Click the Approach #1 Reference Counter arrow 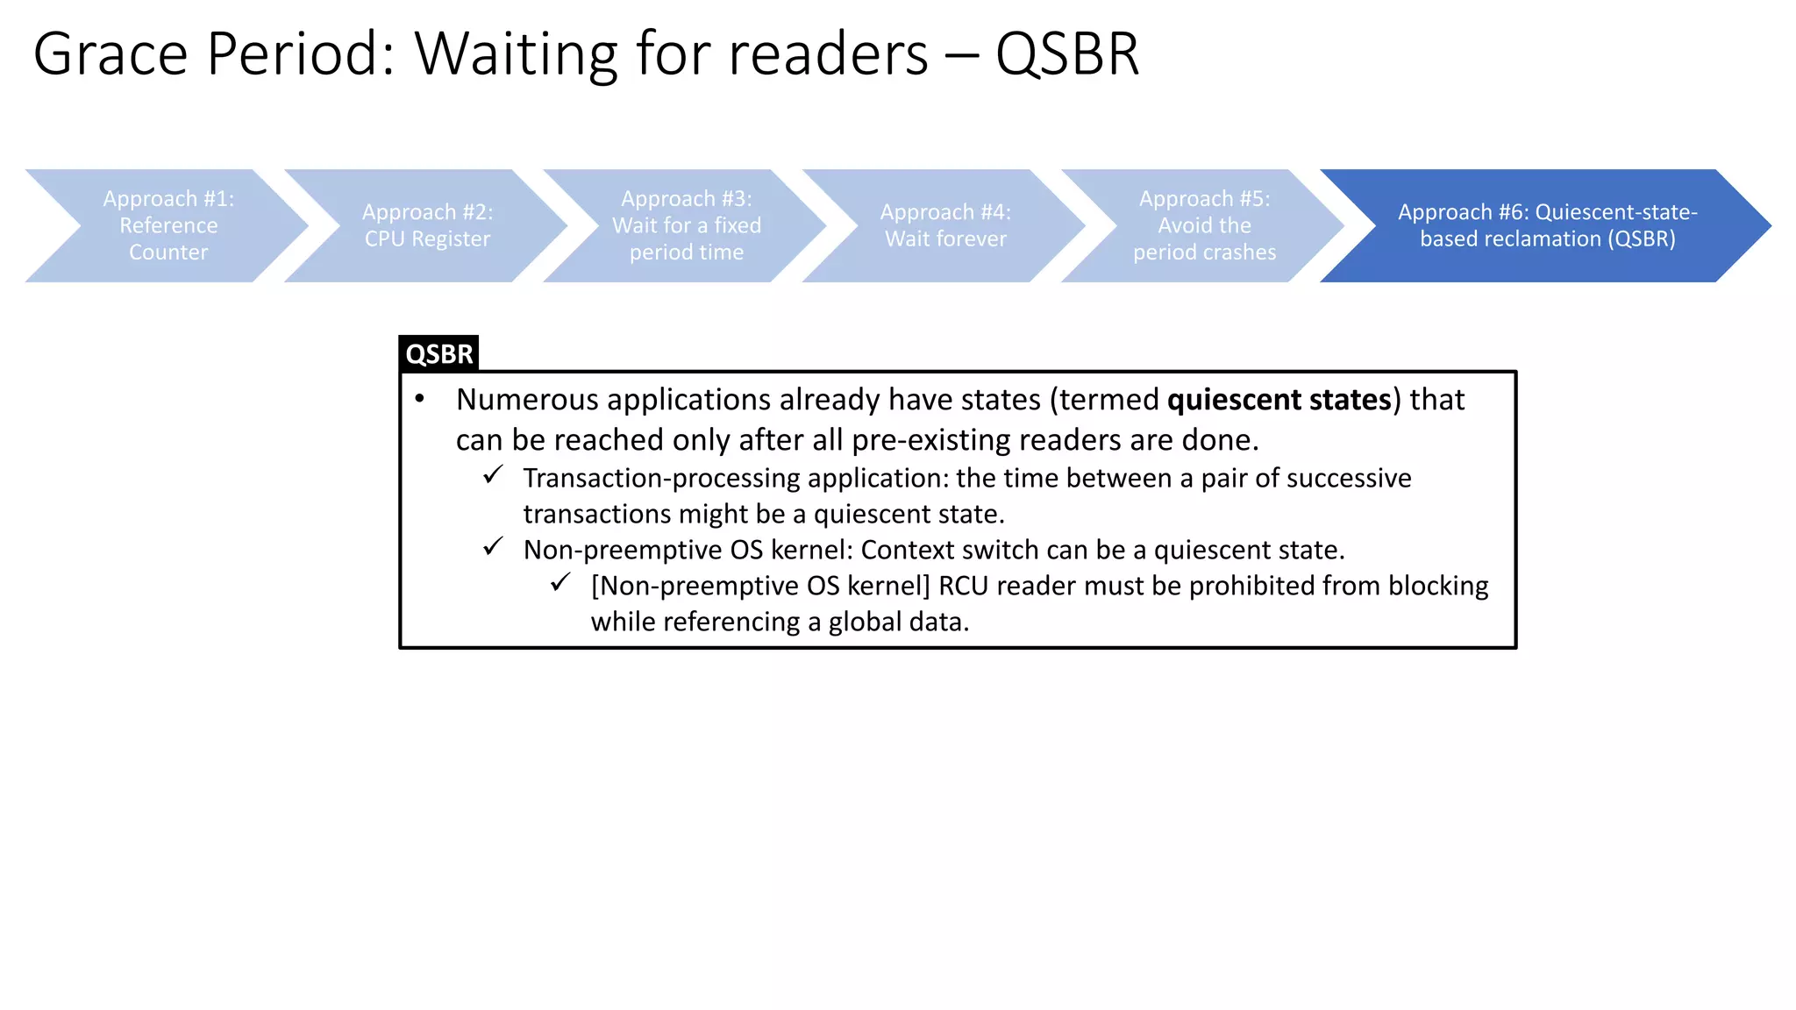coord(167,225)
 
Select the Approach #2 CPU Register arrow coord(427,225)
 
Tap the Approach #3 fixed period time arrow coord(686,225)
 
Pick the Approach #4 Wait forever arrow coord(945,225)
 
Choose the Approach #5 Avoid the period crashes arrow coord(1204,225)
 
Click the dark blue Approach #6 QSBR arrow coord(1547,225)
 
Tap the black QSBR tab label coord(438,353)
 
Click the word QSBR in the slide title coord(1066,54)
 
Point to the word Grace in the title coord(110,54)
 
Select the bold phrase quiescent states coord(1279,400)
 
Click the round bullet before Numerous coord(420,400)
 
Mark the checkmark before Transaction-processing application coord(493,475)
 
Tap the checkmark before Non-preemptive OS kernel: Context coord(493,547)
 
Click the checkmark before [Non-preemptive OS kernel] coord(560,583)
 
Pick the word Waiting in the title coord(517,54)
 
